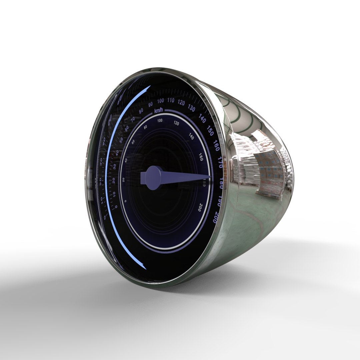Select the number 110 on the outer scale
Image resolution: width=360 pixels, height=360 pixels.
pyautogui.click(x=171, y=101)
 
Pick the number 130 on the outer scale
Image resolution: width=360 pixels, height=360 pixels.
pyautogui.click(x=192, y=108)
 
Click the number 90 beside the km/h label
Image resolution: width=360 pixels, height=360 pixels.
pyautogui.click(x=150, y=104)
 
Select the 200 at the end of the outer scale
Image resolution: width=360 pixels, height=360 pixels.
pyautogui.click(x=215, y=217)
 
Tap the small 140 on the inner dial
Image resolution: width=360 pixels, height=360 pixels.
pyautogui.click(x=191, y=136)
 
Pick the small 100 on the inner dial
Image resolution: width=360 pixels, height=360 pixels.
pyautogui.click(x=160, y=120)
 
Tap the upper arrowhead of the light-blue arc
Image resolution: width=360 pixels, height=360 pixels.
pyautogui.click(x=148, y=87)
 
